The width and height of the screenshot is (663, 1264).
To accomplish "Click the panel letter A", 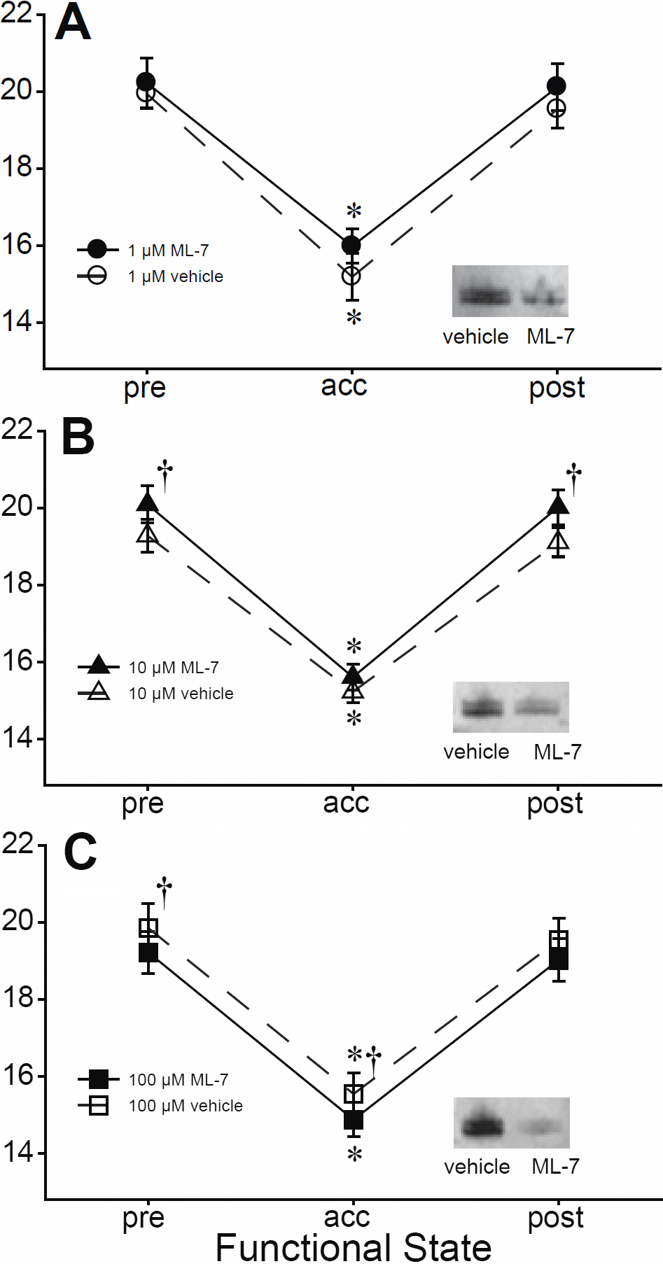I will pos(73,22).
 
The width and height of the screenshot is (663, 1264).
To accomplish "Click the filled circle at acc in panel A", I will pos(351,245).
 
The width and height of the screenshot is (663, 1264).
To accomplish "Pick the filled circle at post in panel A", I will pos(557,86).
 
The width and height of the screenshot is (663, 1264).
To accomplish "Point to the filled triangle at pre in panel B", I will pos(148,502).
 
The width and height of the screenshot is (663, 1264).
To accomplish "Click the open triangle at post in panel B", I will pos(558,540).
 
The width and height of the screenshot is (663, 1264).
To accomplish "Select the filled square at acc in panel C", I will pos(354,1119).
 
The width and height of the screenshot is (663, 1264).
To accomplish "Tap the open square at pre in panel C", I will pos(148,928).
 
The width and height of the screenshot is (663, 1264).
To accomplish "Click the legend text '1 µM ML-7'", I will pos(168,251).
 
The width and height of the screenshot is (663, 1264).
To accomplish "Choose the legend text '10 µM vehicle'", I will pos(181,694).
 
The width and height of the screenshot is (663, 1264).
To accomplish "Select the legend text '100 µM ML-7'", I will pos(178,1080).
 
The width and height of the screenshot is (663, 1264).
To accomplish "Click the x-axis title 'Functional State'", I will pos(354,1247).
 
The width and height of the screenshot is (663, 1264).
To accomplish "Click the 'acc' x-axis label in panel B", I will pos(346,803).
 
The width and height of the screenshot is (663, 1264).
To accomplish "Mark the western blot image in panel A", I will pos(510,291).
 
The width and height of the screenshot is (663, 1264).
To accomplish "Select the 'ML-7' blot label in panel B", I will pos(557,752).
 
